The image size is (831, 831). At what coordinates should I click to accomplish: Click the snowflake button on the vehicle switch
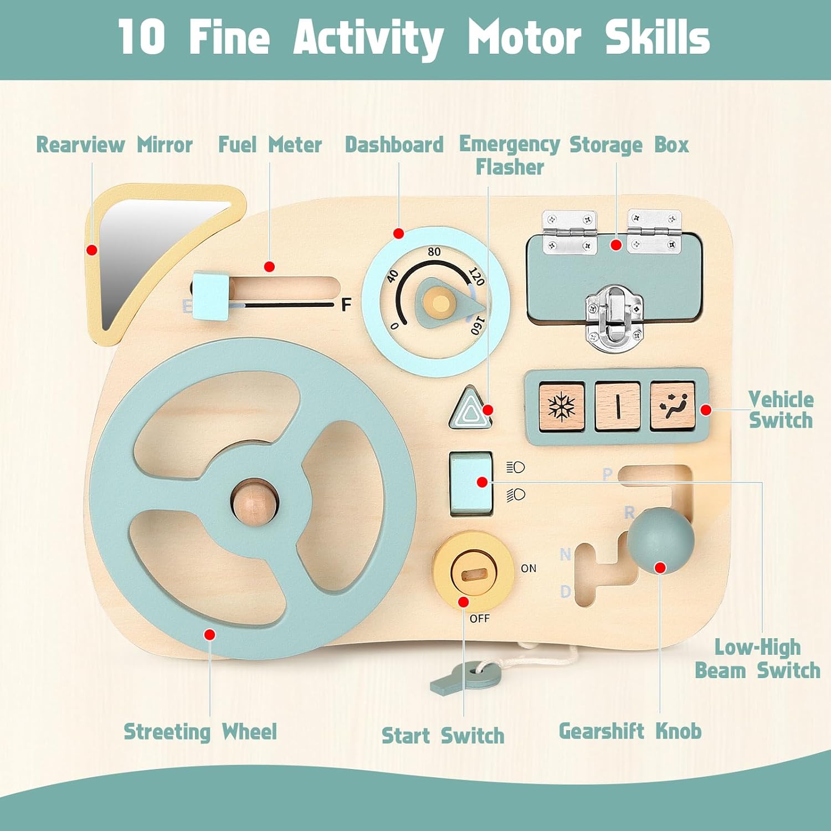coord(561,406)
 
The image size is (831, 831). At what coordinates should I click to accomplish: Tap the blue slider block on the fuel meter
coord(211,295)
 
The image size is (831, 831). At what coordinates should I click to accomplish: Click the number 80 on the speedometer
coord(434,252)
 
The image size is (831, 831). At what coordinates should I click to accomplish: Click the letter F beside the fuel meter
coord(346,304)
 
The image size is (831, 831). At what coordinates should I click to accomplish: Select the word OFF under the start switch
coord(479,618)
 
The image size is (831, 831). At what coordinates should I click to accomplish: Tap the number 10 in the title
coord(141,37)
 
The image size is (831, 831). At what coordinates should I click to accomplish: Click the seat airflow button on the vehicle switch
coord(673,406)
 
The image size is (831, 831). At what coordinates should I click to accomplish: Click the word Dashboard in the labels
coord(394,145)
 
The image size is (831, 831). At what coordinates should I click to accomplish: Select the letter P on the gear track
coord(608,474)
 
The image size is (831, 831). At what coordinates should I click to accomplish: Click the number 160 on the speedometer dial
coord(477,325)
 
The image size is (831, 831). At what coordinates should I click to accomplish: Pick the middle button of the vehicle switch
coord(617,406)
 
